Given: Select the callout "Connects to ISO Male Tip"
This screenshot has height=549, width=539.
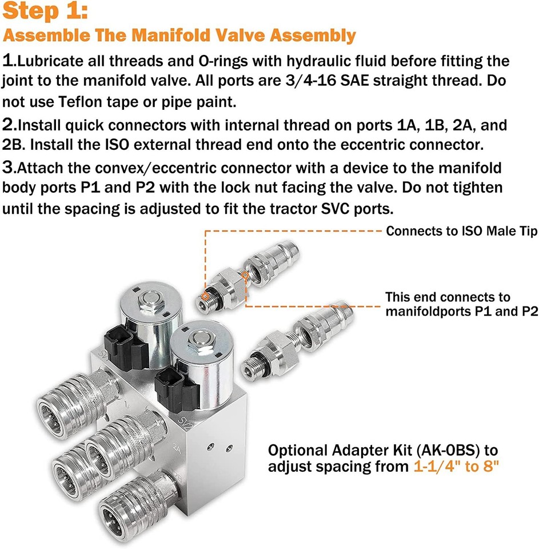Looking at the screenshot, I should coord(461,232).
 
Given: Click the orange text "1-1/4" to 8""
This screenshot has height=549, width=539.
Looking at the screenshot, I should coord(456,466).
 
